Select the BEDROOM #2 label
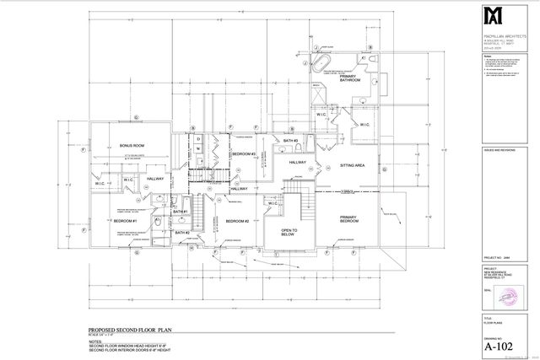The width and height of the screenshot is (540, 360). pyautogui.click(x=236, y=221)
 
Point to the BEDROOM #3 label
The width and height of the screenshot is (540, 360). pyautogui.click(x=244, y=153)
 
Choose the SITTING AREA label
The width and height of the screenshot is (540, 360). pyautogui.click(x=352, y=166)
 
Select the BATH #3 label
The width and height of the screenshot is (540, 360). pyautogui.click(x=291, y=140)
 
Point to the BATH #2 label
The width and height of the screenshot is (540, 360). pyautogui.click(x=181, y=233)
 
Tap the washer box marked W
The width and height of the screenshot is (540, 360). pyautogui.click(x=197, y=149)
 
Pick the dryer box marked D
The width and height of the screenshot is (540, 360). pyautogui.click(x=197, y=138)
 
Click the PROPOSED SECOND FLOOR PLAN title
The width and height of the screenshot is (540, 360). pyautogui.click(x=131, y=330)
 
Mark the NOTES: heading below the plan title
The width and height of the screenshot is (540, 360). pyautogui.click(x=96, y=341)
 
